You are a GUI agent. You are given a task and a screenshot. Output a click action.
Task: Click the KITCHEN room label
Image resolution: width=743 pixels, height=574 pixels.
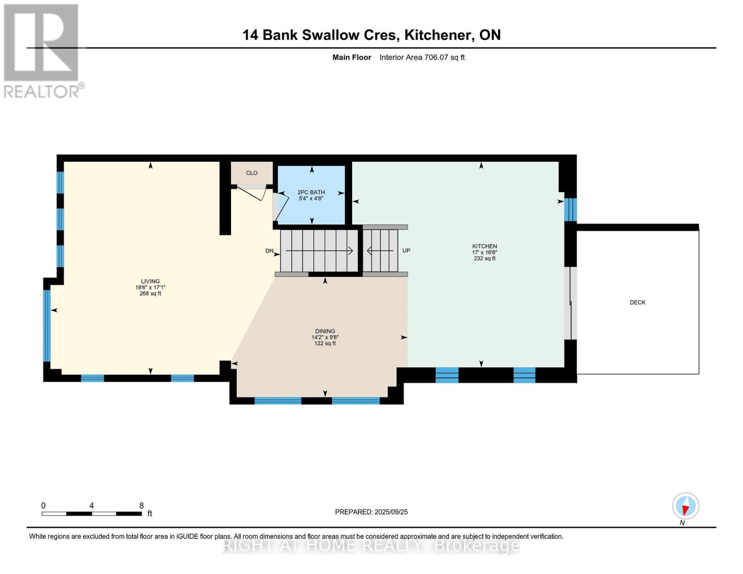pyautogui.click(x=484, y=246)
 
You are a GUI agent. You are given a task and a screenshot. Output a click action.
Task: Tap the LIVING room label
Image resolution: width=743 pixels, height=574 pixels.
pyautogui.click(x=150, y=281)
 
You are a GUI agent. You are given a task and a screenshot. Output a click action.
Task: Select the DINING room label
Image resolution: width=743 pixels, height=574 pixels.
pyautogui.click(x=325, y=331)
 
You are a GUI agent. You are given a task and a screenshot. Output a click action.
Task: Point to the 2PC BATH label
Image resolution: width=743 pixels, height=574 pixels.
pyautogui.click(x=311, y=192)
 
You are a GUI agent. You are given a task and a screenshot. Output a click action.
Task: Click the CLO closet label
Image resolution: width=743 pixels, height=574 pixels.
pyautogui.click(x=252, y=173)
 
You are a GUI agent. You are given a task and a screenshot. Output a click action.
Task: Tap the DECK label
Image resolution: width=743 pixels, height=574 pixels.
pyautogui.click(x=637, y=302)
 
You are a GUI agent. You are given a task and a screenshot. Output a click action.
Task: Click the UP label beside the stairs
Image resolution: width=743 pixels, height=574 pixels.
pyautogui.click(x=406, y=251)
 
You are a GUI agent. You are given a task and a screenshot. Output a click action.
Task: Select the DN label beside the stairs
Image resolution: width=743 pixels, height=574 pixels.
pyautogui.click(x=269, y=251)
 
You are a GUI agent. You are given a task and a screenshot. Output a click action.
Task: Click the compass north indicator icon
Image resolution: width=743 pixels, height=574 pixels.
pyautogui.click(x=685, y=506)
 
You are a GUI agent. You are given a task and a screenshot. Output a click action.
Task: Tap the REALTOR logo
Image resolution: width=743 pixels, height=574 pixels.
pyautogui.click(x=42, y=50)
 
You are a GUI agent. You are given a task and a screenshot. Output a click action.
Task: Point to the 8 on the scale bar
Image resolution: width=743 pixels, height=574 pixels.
pyautogui.click(x=142, y=506)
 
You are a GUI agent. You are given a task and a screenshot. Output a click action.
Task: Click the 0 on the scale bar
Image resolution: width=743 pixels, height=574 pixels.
pyautogui.click(x=44, y=506)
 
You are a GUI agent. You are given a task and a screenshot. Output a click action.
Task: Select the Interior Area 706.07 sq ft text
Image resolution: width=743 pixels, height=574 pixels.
pyautogui.click(x=422, y=57)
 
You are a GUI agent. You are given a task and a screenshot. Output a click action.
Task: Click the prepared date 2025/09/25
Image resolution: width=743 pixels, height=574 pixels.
pyautogui.click(x=391, y=512)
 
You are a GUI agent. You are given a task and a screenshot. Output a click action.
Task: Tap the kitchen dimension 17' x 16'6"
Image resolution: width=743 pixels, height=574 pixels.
pyautogui.click(x=484, y=253)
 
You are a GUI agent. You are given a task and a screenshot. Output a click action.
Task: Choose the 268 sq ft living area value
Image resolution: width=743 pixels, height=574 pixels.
pyautogui.click(x=150, y=294)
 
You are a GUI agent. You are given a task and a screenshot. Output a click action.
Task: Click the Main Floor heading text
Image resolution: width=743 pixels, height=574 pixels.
pyautogui.click(x=352, y=57)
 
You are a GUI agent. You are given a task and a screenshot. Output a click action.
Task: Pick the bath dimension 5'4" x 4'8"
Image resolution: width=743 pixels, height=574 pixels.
pyautogui.click(x=311, y=199)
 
